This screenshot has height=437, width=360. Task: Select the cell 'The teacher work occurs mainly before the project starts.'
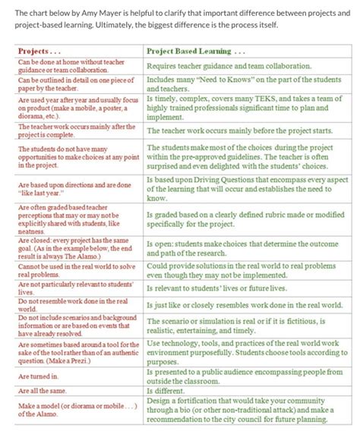pos(245,130)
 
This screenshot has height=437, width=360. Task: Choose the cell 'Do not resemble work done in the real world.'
pos(76,304)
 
